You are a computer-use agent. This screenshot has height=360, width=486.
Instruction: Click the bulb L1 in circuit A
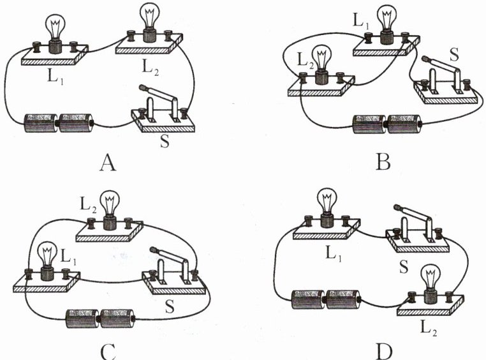point(55,32)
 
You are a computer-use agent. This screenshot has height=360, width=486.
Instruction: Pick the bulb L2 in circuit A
point(151,22)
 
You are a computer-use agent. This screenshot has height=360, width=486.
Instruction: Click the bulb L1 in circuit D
point(328,207)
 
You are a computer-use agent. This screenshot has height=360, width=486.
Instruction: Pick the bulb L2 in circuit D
point(430,282)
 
